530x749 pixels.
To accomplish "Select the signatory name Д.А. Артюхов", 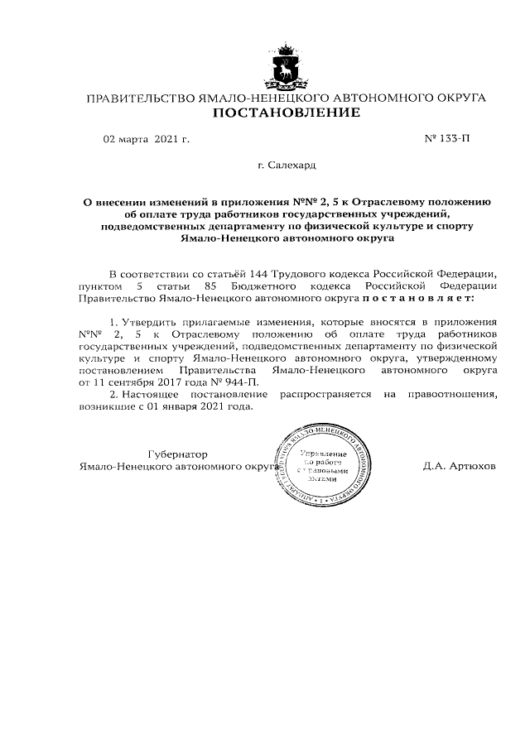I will point(459,467).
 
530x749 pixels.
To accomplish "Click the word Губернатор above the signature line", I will point(177,454).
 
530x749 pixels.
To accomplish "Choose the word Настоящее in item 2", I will point(153,393).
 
